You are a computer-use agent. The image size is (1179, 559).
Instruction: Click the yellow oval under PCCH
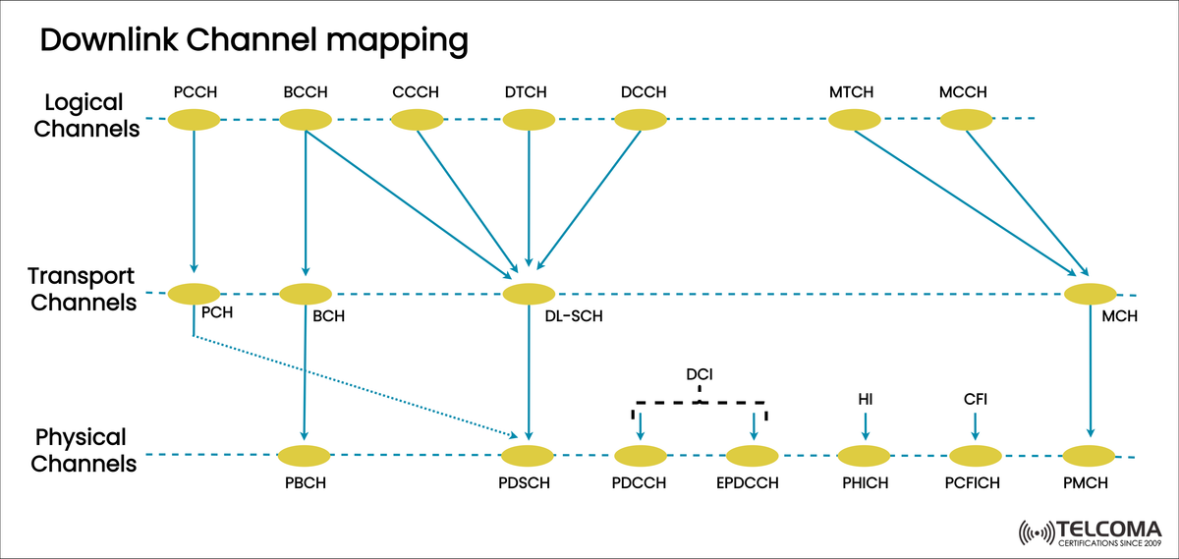194,120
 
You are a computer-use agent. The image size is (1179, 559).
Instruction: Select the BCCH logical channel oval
306,120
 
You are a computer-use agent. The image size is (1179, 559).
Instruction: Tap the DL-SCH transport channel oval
529,293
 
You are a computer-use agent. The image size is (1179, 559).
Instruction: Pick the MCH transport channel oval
1090,293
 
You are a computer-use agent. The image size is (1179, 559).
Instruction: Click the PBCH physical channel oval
305,456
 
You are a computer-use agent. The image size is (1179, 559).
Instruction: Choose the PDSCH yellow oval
529,456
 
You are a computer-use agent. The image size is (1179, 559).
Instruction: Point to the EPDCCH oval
753,456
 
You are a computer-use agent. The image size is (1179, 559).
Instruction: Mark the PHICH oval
865,456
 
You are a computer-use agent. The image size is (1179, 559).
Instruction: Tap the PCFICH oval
977,456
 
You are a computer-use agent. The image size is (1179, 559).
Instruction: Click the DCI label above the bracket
700,374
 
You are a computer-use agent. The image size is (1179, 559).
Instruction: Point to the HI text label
865,399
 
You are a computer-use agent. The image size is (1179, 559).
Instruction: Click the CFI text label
975,399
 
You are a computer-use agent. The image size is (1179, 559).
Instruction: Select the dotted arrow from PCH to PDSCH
354,386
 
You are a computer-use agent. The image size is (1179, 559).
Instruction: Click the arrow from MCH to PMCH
1090,373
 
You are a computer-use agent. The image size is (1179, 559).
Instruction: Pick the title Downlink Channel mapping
253,40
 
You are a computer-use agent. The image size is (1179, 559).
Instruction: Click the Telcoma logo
1091,531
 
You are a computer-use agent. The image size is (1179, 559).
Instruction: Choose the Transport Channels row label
83,289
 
